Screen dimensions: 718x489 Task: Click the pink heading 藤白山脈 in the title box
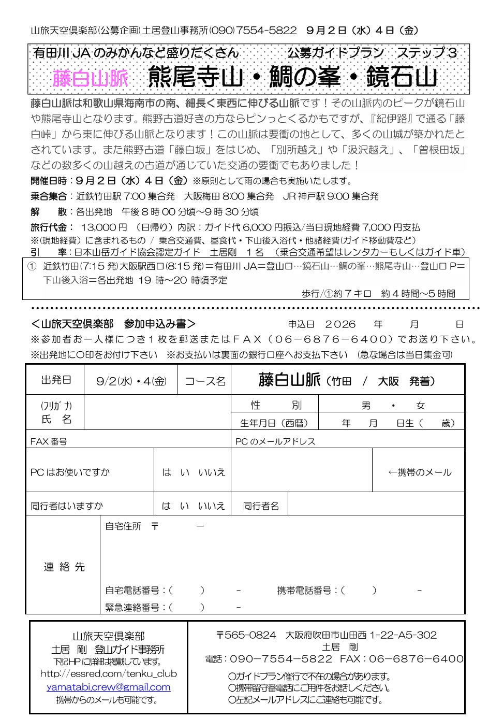pos(91,79)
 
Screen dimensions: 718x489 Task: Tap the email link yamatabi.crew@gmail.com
pos(108,687)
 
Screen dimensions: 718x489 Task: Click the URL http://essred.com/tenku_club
pos(108,674)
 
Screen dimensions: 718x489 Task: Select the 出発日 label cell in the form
pos(56,380)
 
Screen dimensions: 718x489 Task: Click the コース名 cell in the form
pos(205,381)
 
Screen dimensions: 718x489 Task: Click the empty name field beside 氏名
pos(157,413)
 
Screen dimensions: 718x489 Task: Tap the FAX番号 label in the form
pos(49,442)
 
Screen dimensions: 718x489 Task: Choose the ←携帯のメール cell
pos(419,472)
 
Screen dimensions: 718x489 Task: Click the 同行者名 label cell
pos(261,506)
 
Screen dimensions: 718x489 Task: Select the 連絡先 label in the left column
pos(64,567)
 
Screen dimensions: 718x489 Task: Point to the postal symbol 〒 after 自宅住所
pos(155,526)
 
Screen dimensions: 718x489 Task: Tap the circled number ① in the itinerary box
pos(32,267)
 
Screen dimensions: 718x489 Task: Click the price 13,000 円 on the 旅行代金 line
pos(103,227)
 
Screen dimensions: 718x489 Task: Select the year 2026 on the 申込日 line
pos(340,325)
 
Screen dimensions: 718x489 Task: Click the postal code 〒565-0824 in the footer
pos(246,635)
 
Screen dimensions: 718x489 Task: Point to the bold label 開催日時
pos(49,181)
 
